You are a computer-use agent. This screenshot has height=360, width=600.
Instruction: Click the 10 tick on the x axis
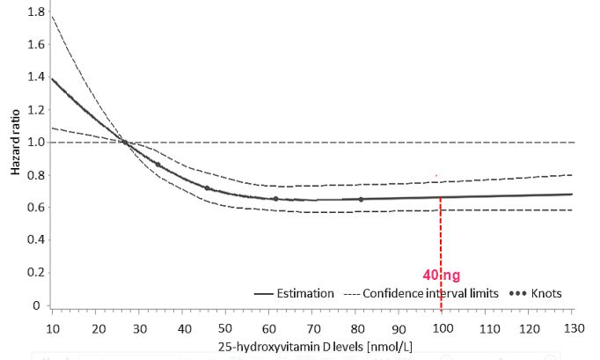pos(52,327)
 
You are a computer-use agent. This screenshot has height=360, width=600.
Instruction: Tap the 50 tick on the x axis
pos(225,327)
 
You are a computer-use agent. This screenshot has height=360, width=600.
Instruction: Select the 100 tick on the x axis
pos(442,327)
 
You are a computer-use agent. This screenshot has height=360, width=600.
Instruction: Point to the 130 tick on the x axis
pos(572,327)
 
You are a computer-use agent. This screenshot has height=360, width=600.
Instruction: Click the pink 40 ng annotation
pos(441,276)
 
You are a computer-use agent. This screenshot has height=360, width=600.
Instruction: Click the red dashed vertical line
pos(440,238)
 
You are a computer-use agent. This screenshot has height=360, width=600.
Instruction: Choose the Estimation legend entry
pos(295,294)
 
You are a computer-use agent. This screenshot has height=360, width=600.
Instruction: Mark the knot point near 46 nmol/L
pos(208,188)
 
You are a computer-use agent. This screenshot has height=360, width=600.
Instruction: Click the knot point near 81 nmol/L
pos(361,199)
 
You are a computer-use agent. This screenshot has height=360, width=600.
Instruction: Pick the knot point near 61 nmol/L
pos(275,199)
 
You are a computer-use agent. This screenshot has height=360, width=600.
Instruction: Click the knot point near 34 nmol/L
pos(157,165)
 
